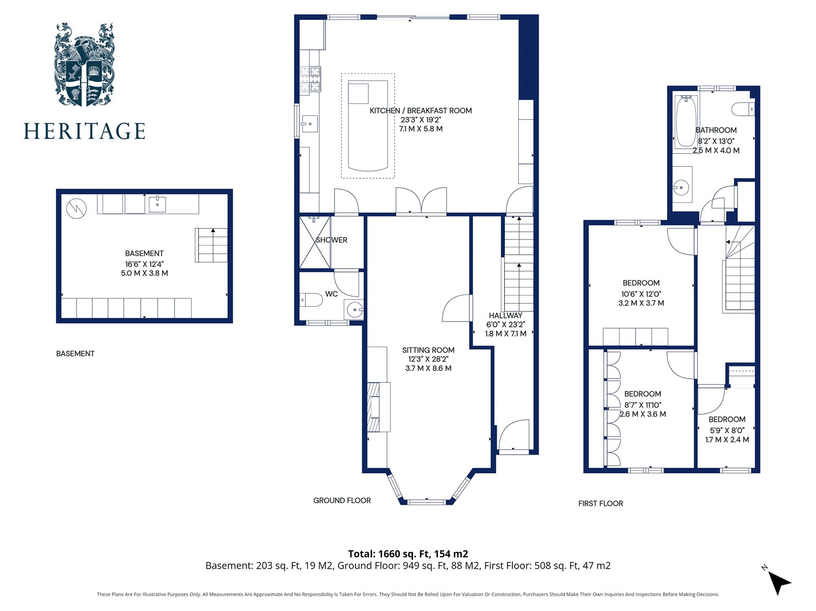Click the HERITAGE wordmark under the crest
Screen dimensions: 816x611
click(x=84, y=131)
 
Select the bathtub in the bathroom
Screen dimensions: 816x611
click(x=685, y=121)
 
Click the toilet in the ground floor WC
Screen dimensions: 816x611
click(x=311, y=299)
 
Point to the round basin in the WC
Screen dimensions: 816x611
click(x=354, y=309)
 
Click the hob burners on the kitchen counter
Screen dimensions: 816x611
click(x=311, y=78)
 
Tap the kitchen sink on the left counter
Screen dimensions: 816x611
click(x=309, y=123)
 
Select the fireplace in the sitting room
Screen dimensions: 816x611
click(x=378, y=407)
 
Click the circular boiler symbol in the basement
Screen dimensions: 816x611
click(x=76, y=208)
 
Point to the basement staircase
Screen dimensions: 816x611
click(x=211, y=245)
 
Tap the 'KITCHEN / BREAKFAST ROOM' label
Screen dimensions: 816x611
click(x=420, y=110)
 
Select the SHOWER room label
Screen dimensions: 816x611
click(x=331, y=240)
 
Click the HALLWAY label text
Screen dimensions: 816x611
click(x=505, y=315)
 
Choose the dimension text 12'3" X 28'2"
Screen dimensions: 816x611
click(x=428, y=359)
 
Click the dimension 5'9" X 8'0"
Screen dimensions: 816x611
click(x=727, y=430)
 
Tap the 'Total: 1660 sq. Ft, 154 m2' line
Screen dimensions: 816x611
click(x=408, y=554)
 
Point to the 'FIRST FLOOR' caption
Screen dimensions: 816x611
click(x=600, y=503)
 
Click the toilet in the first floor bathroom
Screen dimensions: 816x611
click(x=743, y=109)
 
